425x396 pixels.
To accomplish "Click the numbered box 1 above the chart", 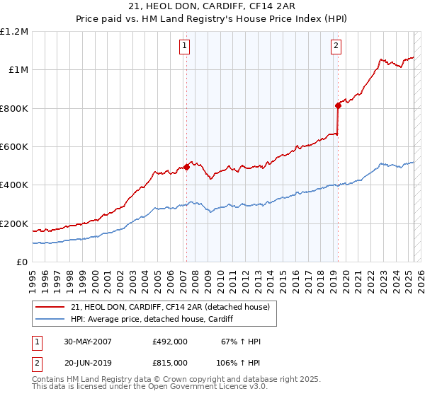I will pos(184,47).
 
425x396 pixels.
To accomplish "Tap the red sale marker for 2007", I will pos(187,168).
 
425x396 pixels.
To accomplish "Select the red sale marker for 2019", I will pos(339,106).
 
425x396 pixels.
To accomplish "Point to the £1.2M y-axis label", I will pos(14,32).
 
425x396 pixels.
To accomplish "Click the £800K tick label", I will pos(14,108).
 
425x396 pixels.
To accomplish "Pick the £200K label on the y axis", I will pos(14,223).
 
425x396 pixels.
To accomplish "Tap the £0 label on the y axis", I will pos(22,262).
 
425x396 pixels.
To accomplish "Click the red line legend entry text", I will pos(170,308).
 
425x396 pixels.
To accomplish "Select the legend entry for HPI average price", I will pos(156,320).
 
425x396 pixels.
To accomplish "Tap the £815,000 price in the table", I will pos(170,364).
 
